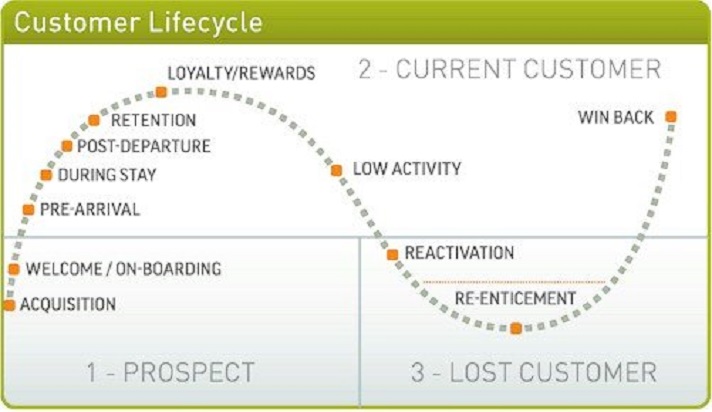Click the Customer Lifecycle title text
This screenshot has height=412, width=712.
[x=140, y=22]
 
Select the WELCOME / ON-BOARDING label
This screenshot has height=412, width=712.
[x=123, y=269]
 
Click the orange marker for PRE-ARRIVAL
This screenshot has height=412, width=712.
[x=28, y=209]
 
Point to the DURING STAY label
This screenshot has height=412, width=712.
[x=107, y=175]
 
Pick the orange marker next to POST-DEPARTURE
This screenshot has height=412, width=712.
[x=67, y=145]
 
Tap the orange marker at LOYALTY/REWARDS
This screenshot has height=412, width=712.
[x=161, y=92]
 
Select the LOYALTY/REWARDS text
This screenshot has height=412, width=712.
[x=241, y=73]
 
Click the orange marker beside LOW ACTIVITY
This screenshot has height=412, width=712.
[x=337, y=170]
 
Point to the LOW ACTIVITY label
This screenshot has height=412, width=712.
[x=407, y=169]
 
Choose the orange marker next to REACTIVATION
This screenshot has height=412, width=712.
[x=393, y=254]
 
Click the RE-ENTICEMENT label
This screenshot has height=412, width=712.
[x=515, y=298]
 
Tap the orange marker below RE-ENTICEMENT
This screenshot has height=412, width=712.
[x=516, y=328]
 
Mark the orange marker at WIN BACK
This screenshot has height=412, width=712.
[x=671, y=117]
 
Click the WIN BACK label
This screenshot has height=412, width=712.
[x=616, y=117]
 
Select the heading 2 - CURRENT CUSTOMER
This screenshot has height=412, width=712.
[x=509, y=69]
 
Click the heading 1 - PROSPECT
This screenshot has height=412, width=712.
[x=170, y=373]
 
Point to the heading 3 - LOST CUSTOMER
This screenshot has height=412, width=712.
[x=533, y=373]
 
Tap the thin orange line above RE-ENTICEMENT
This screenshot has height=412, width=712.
[x=514, y=283]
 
